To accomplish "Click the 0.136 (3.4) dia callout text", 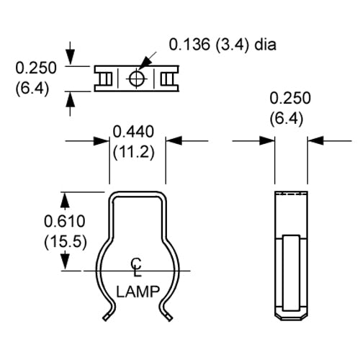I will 222,45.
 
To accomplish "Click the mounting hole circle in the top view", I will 137,78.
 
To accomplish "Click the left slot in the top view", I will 105,78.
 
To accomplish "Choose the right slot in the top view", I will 169,78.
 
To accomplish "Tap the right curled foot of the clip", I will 168,310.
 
